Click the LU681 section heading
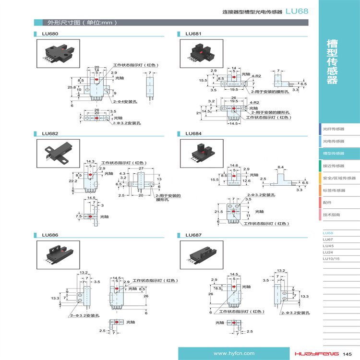(x=193, y=34)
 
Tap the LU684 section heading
(x=193, y=133)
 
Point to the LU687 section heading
(x=193, y=235)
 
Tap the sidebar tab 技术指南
(x=332, y=215)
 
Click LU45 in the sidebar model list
(x=328, y=245)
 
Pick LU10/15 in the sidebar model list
(x=331, y=258)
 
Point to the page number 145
(x=348, y=354)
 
